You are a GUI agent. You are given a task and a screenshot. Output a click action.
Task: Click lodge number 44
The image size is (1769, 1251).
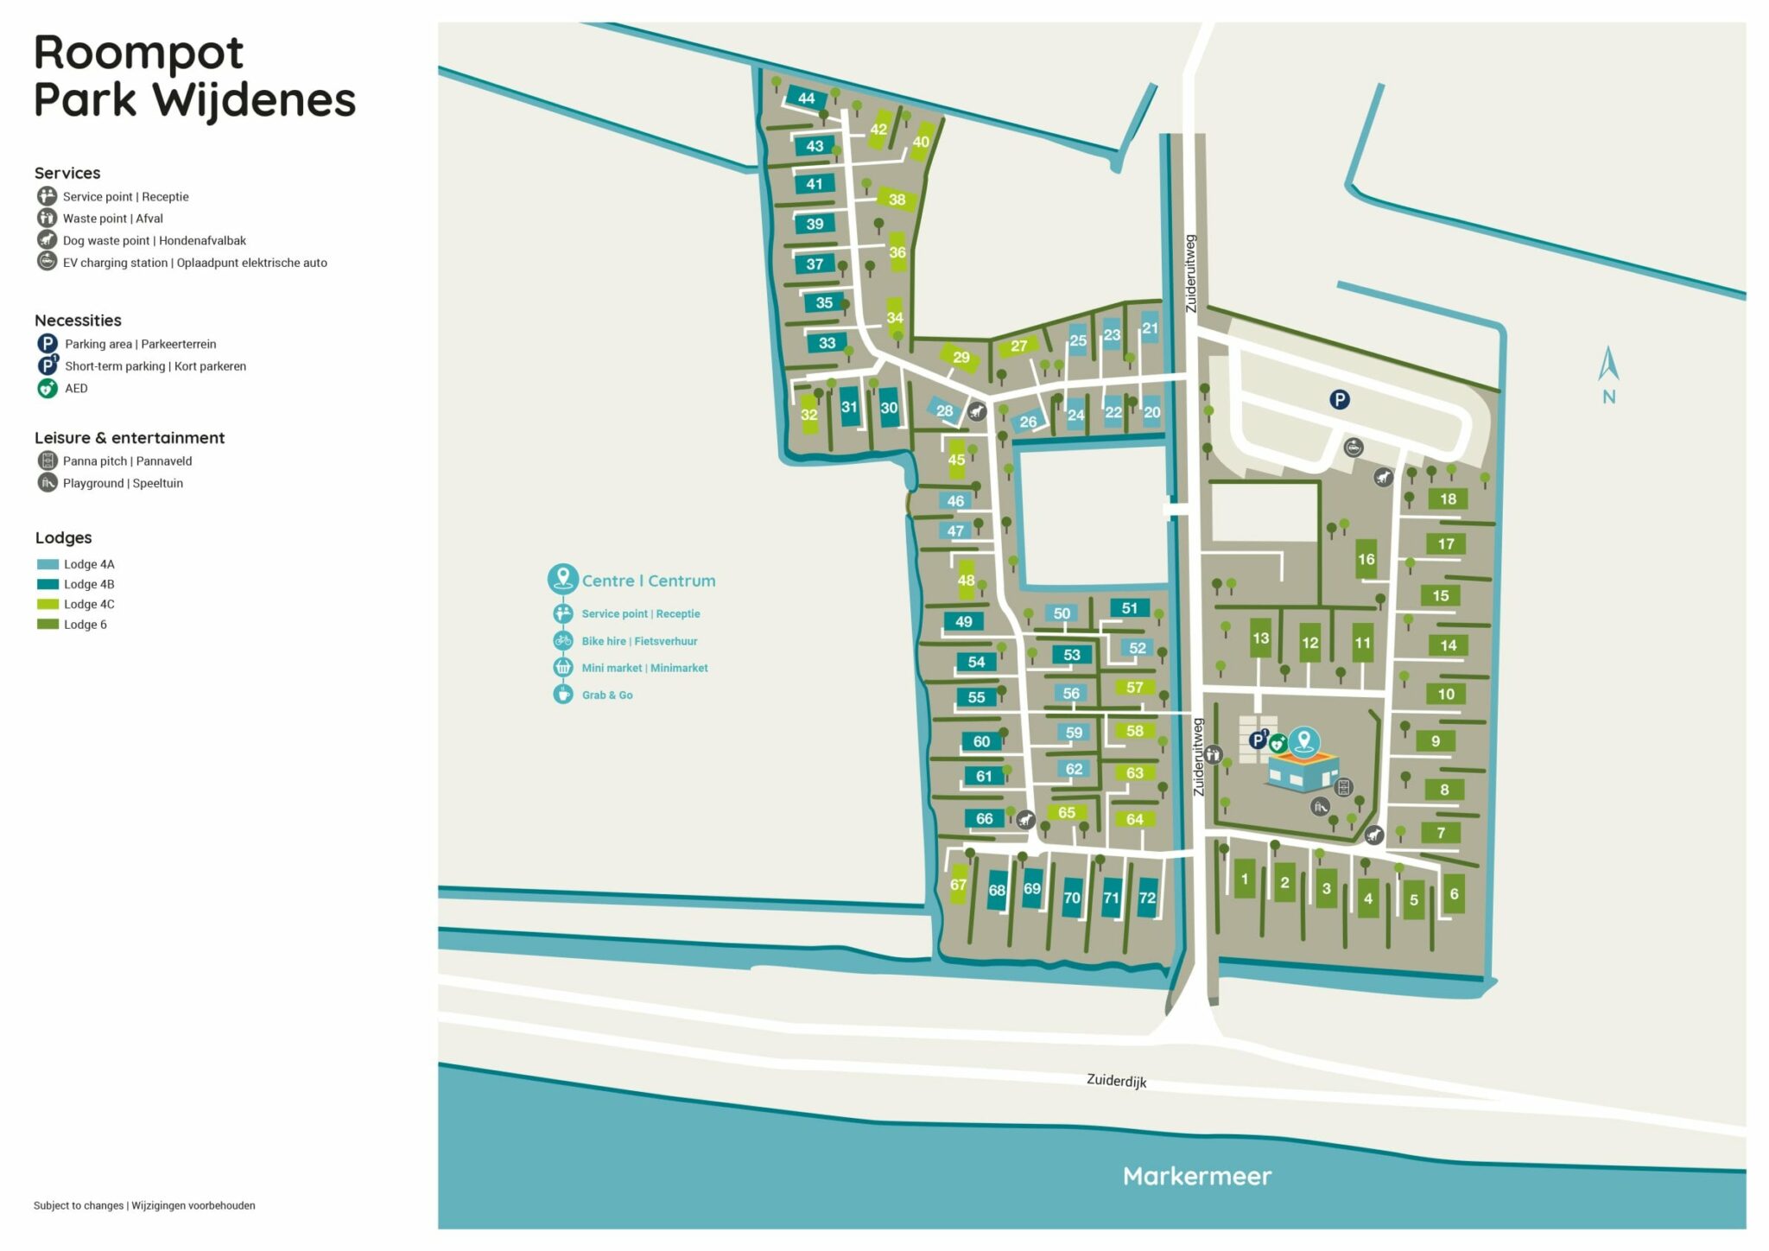806,98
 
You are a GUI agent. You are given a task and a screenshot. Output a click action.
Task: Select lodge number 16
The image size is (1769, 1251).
1366,559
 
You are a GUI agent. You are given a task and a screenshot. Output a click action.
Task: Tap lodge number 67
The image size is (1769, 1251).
958,885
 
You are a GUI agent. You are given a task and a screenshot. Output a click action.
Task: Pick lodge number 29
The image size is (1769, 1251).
961,357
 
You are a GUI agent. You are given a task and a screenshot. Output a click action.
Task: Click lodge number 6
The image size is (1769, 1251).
1454,894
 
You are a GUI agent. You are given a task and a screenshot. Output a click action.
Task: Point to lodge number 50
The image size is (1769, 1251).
1062,613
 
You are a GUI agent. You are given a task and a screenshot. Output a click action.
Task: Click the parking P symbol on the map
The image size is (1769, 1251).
1339,399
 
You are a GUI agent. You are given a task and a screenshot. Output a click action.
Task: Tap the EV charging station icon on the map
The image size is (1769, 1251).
1354,448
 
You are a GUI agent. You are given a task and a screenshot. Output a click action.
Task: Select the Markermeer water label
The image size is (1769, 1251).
1196,1176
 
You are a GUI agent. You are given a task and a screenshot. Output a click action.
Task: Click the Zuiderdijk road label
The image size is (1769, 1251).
1116,1081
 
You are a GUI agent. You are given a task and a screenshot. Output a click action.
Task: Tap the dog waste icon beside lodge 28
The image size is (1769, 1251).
977,411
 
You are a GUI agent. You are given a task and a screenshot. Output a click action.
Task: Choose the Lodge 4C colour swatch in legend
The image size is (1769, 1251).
48,604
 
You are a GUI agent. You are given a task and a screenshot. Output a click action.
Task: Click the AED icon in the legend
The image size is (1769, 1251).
47,388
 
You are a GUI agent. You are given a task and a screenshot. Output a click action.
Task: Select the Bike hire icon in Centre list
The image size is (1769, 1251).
563,640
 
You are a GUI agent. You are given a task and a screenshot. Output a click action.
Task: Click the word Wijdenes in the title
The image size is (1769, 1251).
255,99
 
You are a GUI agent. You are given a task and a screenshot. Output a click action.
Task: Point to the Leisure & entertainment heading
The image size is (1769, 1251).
130,438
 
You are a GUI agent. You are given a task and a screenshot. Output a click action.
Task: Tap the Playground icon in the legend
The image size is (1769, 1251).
47,483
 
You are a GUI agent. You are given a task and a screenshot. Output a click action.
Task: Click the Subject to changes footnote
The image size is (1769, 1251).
144,1205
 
